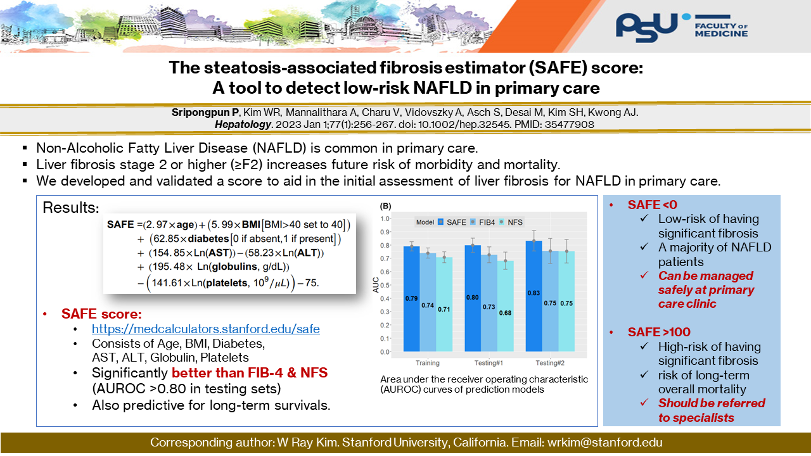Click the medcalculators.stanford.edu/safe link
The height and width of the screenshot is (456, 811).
(206, 329)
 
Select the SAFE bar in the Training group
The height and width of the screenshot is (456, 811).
(412, 298)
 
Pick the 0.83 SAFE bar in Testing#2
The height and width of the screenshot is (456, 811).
(533, 295)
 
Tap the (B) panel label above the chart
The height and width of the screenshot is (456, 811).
(385, 206)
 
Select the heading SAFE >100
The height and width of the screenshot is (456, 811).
(658, 332)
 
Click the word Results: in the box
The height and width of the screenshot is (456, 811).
(70, 208)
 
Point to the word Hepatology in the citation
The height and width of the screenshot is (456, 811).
(243, 125)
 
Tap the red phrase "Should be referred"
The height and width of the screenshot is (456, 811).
(712, 403)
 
